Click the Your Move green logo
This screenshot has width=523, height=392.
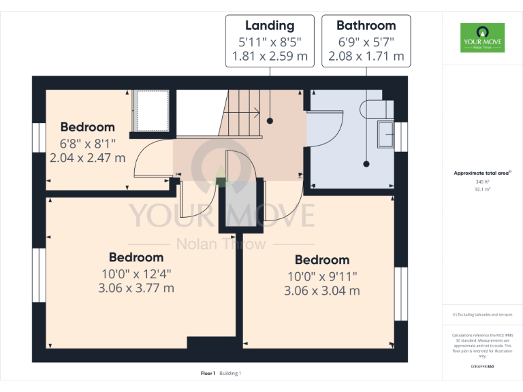482,37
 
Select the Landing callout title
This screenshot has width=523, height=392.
270,26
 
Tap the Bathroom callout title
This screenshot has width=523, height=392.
366,26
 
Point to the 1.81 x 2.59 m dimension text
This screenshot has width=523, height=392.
270,56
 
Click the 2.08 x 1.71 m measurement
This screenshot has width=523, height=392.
366,56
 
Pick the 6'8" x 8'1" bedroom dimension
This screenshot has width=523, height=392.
87,144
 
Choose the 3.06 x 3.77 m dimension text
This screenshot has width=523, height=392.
136,288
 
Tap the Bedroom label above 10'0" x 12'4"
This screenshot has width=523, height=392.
136,257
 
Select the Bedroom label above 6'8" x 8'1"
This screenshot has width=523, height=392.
87,127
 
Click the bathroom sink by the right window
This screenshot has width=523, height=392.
385,133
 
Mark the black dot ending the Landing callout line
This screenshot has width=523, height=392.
270,121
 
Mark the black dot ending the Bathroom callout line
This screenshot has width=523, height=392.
366,163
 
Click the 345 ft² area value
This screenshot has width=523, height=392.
482,182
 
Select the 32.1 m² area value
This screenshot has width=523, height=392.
482,190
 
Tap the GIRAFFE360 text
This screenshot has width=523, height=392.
482,366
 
